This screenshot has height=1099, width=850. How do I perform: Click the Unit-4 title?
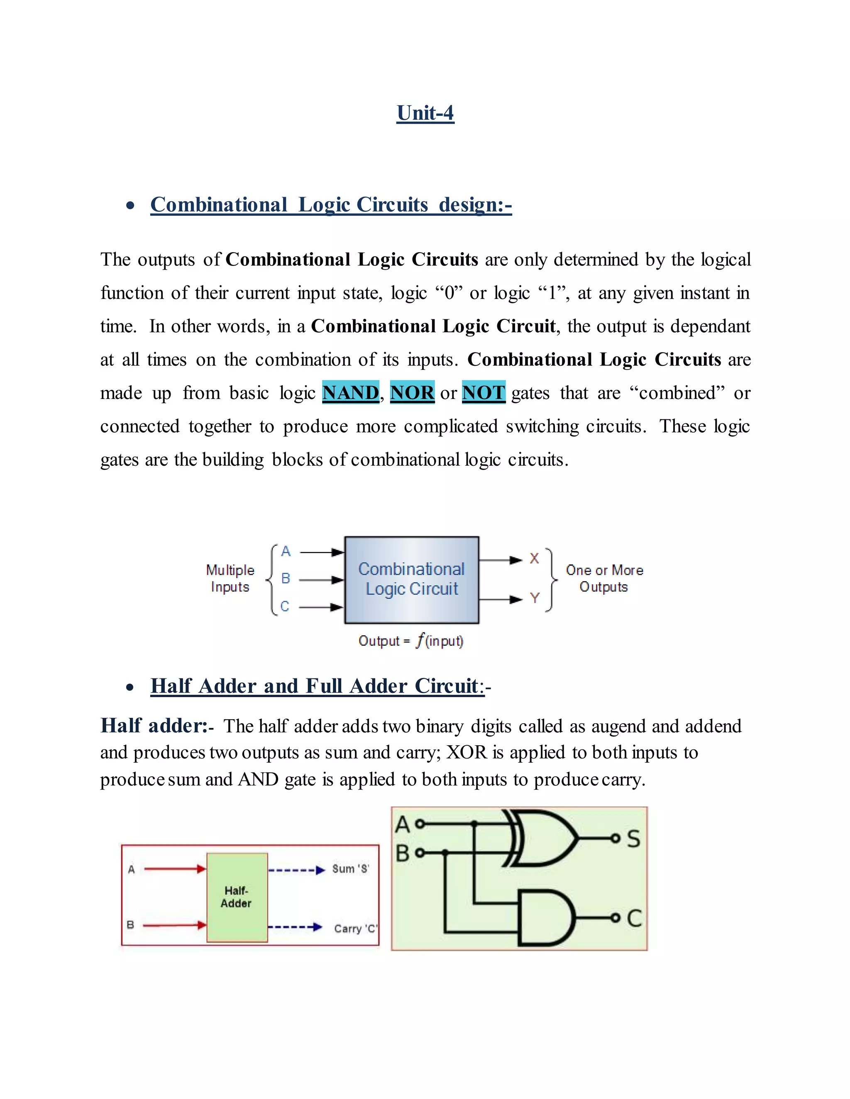tap(425, 113)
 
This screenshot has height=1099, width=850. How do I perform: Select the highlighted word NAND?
tap(350, 392)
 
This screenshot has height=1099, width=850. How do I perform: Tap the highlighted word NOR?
tap(412, 392)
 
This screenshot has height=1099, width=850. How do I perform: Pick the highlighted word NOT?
tap(484, 392)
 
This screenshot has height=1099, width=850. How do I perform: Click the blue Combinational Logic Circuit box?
tap(411, 580)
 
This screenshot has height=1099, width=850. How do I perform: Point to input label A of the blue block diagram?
tap(286, 552)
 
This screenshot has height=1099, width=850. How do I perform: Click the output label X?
tap(534, 559)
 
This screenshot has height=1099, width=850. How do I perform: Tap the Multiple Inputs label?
tap(230, 578)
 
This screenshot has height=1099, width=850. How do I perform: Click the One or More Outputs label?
tap(604, 578)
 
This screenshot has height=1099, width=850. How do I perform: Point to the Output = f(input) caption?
tap(410, 641)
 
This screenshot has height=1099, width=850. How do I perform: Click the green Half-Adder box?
tap(237, 897)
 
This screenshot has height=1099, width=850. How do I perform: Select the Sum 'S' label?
tap(350, 869)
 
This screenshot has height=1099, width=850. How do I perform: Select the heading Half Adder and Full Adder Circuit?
tap(317, 686)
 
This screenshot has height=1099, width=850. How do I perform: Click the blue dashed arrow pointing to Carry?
tap(295, 927)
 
